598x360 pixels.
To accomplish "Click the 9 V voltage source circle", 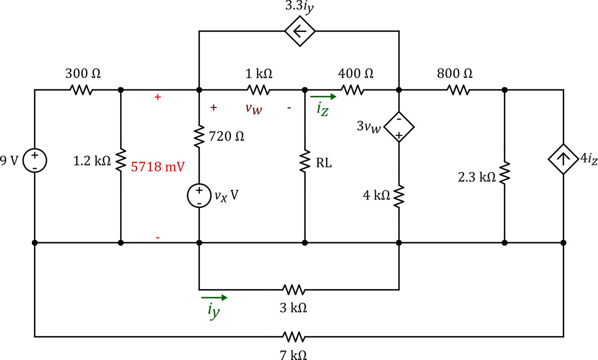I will point(34,162).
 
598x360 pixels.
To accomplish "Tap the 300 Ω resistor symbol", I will point(81,90).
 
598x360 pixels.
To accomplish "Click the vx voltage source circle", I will point(199,196).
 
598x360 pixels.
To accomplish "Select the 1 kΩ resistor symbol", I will point(258,90).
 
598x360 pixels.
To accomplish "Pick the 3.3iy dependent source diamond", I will point(299,31).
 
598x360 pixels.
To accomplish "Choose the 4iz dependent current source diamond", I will point(563,160).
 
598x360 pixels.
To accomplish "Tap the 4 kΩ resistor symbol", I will point(399,196).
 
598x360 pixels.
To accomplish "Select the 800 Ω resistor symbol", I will point(458,90).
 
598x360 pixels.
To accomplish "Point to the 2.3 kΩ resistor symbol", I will point(505,172).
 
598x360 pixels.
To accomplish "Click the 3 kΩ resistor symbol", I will point(294,289).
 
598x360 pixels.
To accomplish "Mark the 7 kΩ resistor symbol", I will point(294,337).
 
